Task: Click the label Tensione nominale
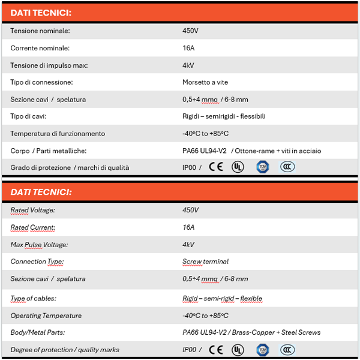pos(40,31)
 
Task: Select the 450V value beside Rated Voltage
pos(190,210)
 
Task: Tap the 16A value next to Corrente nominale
pos(188,48)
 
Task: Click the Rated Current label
pos(32,227)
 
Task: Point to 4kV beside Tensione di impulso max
pos(188,65)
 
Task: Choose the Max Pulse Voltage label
pos(40,244)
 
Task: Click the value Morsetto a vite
pos(205,82)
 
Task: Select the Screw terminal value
pos(205,262)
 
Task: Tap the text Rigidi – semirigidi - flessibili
pos(224,116)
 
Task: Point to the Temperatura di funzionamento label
pos(58,133)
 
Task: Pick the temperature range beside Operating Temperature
pos(205,316)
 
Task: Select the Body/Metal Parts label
pos(38,332)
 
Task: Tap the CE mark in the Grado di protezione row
pos(215,167)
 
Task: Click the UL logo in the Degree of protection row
pos(238,349)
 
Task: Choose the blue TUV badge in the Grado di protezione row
pos(262,167)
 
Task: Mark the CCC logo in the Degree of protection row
pos(287,349)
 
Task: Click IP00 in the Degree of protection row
pos(189,350)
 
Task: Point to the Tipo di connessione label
pos(41,82)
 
